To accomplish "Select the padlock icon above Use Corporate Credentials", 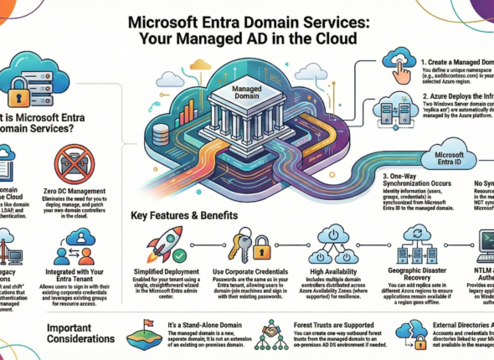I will (260, 247).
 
